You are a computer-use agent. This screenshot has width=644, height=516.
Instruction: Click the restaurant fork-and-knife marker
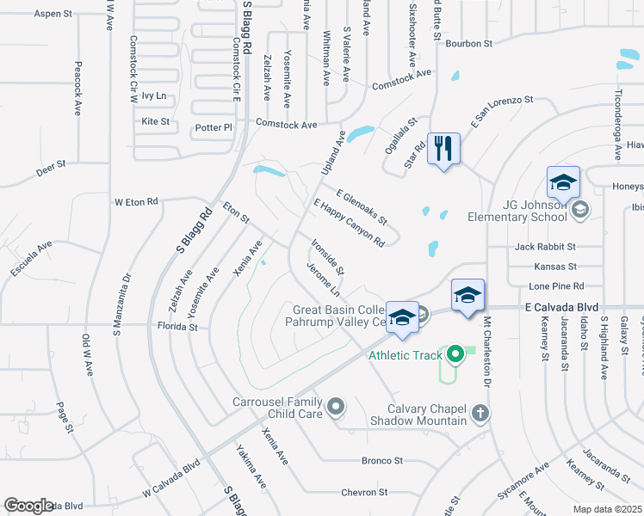tap(443, 149)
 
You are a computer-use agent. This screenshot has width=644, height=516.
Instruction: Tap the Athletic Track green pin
tap(455, 353)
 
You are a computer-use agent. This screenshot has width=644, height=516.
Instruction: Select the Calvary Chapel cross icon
tap(480, 415)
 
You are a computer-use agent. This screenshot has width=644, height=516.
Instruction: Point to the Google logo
tap(29, 506)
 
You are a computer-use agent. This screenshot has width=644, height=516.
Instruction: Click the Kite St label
tap(156, 121)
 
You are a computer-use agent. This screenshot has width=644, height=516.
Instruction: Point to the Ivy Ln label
tap(154, 95)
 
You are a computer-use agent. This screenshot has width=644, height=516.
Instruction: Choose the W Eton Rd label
tap(137, 202)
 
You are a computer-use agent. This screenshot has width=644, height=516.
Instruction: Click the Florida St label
tap(177, 327)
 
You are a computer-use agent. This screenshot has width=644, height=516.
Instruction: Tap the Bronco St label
tap(382, 461)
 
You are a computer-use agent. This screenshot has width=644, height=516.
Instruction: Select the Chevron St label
tap(364, 493)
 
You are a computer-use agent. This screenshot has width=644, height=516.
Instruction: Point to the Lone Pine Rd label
tap(556, 286)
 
